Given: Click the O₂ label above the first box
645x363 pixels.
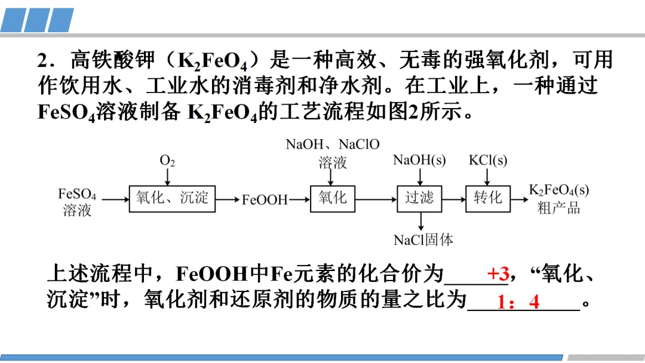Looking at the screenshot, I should [x=167, y=161].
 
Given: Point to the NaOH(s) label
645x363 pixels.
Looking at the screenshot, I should [x=419, y=160].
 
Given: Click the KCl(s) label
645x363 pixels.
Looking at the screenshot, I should [x=488, y=160].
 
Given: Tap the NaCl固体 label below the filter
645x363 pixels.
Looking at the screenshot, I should [x=423, y=240].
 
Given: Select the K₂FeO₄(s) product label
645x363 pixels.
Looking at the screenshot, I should [x=559, y=190].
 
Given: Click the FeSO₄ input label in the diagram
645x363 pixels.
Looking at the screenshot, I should [x=77, y=194].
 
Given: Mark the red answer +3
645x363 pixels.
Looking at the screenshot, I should [x=498, y=274].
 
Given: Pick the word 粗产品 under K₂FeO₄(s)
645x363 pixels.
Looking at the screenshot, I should [x=559, y=208].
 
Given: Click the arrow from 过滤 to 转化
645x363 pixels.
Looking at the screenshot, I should [x=454, y=199].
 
